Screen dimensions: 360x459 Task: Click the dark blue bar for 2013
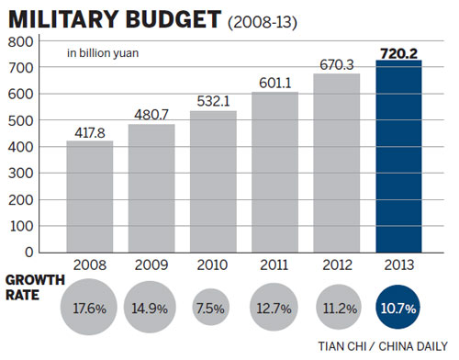398,160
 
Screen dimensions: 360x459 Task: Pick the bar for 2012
337,163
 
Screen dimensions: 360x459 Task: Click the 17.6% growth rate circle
89,307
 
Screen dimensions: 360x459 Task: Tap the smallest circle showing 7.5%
213,307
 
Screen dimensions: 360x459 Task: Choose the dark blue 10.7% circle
398,307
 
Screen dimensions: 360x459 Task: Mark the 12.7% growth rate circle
274,307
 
